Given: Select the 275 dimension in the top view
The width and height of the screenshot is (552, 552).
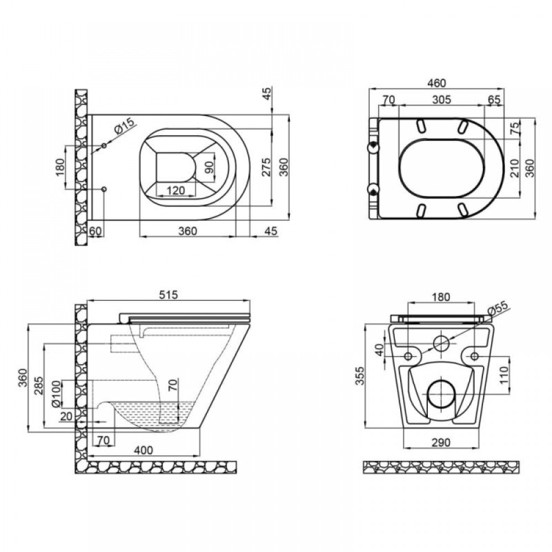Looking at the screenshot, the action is point(267,167).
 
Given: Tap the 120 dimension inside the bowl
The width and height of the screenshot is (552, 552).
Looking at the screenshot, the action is point(176,190).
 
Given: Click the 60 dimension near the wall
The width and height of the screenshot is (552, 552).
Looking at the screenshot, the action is point(95,231).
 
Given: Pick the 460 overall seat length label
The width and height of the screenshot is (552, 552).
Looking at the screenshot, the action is point(436,83).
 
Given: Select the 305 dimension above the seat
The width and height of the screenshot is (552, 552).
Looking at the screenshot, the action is point(442,99).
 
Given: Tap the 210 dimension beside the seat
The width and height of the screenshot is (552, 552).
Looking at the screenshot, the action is point(514,168).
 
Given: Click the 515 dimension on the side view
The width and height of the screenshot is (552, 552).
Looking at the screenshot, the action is point(168,295).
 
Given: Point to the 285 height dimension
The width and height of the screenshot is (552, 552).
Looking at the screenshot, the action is point(39,386).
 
